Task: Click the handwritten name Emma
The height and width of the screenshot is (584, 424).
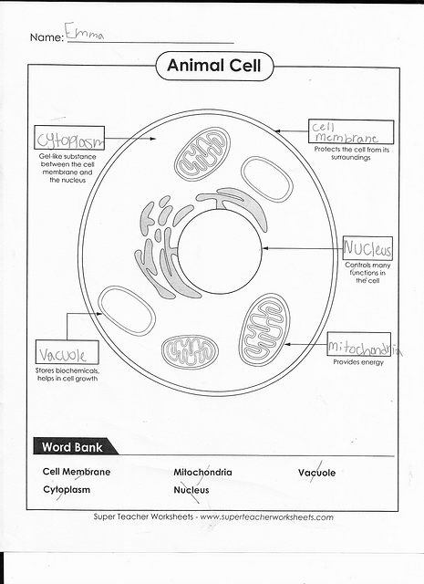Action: point(84,31)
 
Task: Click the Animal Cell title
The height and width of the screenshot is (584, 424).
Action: point(214,66)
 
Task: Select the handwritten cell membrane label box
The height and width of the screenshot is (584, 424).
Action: point(351,131)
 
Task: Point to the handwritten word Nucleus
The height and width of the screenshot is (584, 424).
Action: point(367,248)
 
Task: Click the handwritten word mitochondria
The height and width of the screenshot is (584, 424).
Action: point(365,348)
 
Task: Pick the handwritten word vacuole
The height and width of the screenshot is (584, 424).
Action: point(63,355)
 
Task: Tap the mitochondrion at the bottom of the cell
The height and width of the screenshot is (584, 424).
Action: point(190,351)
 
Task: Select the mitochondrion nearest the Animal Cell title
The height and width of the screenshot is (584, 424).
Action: point(202,154)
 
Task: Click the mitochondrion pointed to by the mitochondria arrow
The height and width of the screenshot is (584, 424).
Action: point(264,329)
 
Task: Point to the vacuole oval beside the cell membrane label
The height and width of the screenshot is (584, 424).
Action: point(266,179)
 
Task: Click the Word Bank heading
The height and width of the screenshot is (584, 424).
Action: point(72,447)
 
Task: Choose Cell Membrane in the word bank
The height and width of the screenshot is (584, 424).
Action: point(77,472)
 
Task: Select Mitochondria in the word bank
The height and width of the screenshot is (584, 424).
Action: point(202,473)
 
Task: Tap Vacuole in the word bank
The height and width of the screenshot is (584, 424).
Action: point(316,473)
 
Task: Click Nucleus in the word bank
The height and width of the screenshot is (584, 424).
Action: point(191,490)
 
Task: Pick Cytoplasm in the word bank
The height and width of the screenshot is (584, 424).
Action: point(67,489)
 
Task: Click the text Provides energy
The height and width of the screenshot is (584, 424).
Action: point(358,362)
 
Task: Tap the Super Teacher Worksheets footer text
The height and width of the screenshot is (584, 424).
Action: point(213,517)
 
